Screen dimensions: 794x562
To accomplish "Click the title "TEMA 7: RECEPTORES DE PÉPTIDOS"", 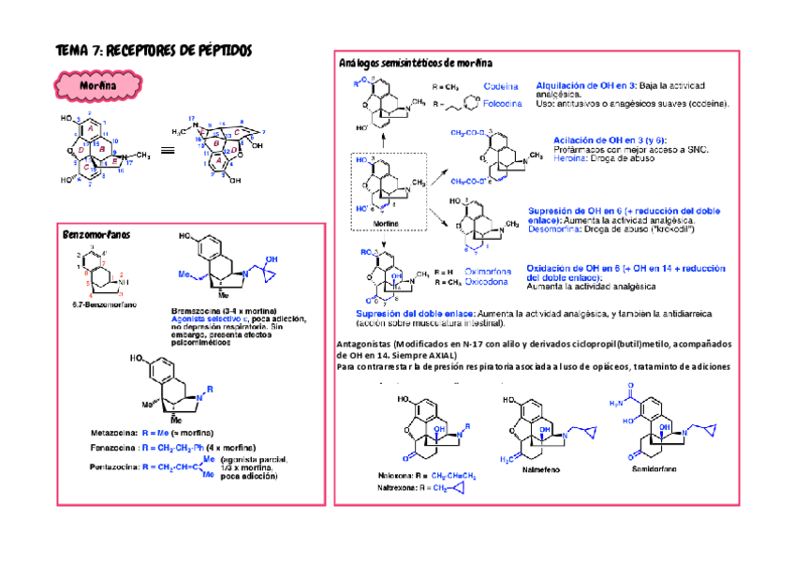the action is point(154,51).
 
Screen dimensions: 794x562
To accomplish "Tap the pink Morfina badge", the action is point(98,86).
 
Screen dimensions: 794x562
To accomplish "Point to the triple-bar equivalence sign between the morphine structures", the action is point(168,149).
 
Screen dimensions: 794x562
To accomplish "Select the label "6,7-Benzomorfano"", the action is point(99,304).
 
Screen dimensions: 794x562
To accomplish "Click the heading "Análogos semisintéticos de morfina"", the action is point(415,63).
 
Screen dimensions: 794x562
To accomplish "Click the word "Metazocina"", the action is point(113,433).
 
